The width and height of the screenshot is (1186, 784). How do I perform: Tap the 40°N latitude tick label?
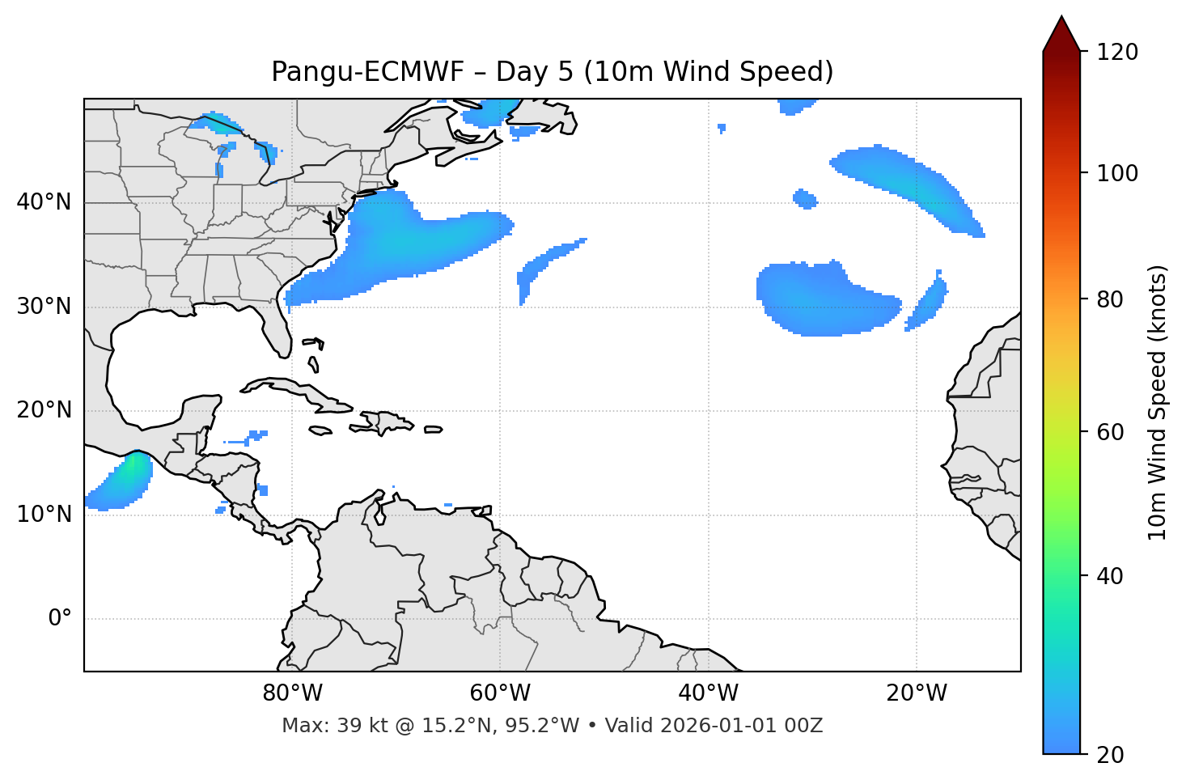[44, 202]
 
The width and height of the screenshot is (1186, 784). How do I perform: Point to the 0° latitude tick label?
[60, 619]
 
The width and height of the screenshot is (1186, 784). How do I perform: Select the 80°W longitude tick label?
[292, 693]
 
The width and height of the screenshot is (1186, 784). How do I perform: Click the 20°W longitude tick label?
[917, 693]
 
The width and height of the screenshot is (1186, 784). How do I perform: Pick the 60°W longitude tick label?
[500, 693]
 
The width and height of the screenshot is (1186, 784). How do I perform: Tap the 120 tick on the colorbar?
[1117, 53]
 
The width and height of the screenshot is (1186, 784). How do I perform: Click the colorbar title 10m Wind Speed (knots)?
[1158, 402]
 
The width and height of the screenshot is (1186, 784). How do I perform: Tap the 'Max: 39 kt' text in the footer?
[316, 726]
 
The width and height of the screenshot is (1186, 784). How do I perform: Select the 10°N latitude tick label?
[44, 515]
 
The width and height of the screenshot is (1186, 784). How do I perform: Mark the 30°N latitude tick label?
[44, 307]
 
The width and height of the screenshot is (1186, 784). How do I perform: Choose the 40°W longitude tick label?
[708, 693]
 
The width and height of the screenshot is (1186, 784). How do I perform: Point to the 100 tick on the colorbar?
[1117, 173]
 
